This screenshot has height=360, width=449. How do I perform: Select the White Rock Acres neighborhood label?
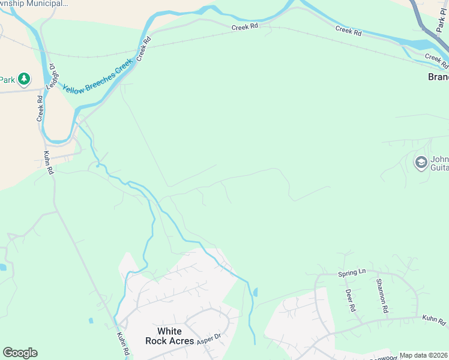[169, 335]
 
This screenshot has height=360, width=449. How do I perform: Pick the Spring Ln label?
[352, 272]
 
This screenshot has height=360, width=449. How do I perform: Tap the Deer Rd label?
[350, 301]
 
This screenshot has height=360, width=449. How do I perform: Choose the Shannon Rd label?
[381, 296]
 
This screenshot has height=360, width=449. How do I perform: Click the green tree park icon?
[23, 79]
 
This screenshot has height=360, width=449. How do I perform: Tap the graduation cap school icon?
[421, 162]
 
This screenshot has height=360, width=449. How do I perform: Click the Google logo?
[20, 353]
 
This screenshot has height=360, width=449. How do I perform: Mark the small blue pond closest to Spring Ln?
[256, 293]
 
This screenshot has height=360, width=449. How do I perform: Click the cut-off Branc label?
[438, 77]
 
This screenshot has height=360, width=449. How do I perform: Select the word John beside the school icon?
[440, 160]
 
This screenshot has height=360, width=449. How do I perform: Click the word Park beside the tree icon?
[7, 79]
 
